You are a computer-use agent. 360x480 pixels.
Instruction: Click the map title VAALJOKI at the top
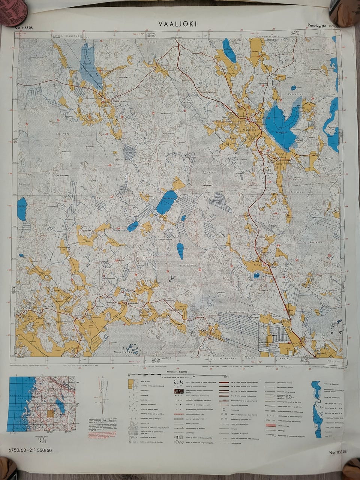177,24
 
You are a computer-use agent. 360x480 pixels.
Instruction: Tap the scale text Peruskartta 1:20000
323,26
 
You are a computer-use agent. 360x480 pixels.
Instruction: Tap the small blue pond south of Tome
256,276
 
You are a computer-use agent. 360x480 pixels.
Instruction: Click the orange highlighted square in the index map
51,413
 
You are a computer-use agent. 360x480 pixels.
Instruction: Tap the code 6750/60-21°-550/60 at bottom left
30,450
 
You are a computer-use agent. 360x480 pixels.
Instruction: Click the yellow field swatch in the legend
130,383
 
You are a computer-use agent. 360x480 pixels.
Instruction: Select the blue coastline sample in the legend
317,409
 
